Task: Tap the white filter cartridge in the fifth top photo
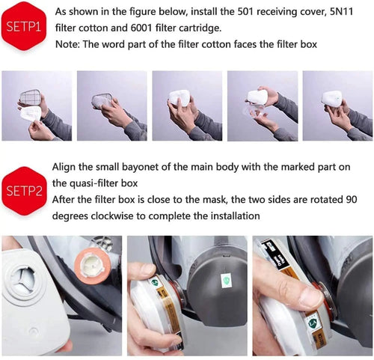331,99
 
